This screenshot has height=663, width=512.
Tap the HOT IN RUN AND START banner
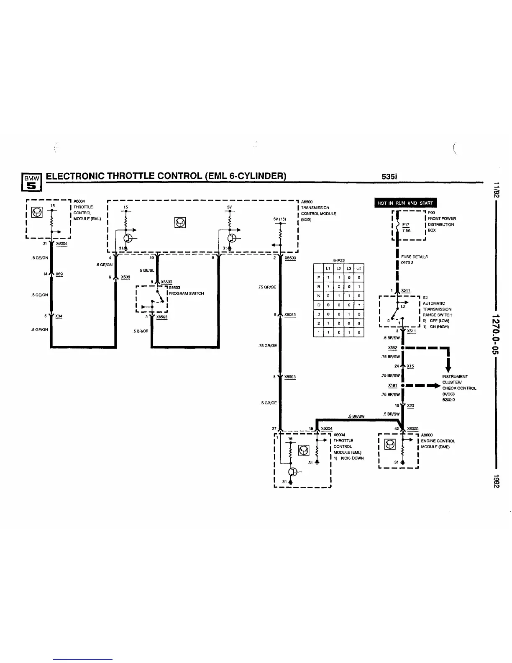tap(405, 203)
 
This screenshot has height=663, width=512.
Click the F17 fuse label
tap(405, 224)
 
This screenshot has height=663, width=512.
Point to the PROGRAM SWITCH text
tap(186, 293)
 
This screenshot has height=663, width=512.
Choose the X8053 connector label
tap(290, 315)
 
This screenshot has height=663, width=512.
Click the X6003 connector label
tap(290, 377)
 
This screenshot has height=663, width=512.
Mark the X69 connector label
tap(59, 274)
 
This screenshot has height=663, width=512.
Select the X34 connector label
tap(59, 316)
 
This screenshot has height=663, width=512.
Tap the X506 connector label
tap(125, 277)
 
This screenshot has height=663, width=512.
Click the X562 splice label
tap(392, 348)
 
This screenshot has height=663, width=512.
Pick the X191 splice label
tap(392, 385)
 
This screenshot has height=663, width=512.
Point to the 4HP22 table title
tap(338, 260)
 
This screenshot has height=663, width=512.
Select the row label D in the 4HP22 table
tap(319, 305)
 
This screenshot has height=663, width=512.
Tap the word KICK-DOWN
tap(351, 458)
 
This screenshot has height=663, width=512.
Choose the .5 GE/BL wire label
tap(146, 270)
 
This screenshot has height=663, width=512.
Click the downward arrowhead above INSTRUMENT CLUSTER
tap(448, 368)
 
